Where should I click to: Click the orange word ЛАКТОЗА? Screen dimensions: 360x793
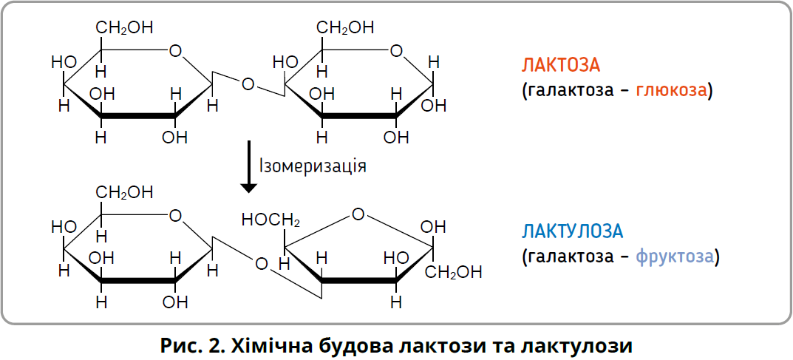pos(560,64)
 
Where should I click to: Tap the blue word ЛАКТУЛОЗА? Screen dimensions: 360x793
pos(573,231)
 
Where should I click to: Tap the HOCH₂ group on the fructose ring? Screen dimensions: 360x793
pos(270,220)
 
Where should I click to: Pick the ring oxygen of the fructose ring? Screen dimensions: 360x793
pos(358,215)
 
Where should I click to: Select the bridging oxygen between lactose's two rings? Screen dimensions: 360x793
pos(248,84)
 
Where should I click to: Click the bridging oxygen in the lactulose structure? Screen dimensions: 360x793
pos(260,263)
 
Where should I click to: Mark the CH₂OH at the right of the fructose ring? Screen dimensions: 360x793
pos(453,271)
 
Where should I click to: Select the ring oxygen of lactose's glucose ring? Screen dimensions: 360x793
pos(397,51)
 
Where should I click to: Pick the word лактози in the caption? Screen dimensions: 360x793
pos(455,345)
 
